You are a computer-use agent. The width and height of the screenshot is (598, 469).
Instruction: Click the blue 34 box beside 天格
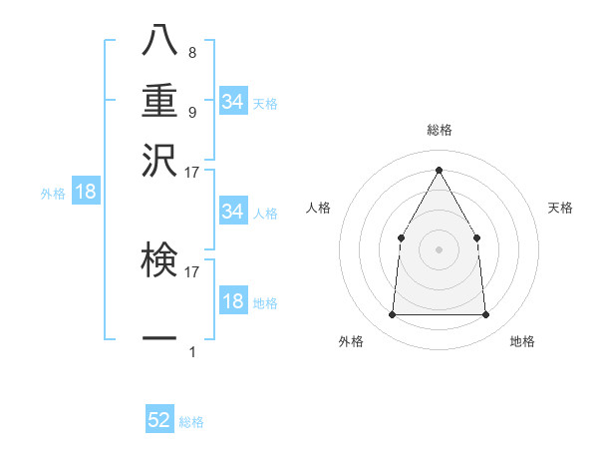point(233,102)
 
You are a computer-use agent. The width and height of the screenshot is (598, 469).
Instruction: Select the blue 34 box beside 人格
point(233,212)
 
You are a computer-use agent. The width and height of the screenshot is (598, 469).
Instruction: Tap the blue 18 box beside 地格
point(233,301)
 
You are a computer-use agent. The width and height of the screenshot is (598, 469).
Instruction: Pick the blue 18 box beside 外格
point(86,193)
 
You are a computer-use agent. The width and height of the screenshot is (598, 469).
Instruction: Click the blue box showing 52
point(159,420)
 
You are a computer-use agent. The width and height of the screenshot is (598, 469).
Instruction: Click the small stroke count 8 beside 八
point(191,53)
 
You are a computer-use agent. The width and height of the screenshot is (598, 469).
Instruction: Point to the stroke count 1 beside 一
point(191,351)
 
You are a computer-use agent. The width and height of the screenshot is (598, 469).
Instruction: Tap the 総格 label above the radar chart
point(439,131)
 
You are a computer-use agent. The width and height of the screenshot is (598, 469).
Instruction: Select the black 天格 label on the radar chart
point(561,208)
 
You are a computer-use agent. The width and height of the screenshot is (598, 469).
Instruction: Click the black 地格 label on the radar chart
point(522,341)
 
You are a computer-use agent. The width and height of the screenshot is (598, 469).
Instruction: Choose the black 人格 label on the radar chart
point(319,208)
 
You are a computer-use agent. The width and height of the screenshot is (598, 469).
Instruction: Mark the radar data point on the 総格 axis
point(439,170)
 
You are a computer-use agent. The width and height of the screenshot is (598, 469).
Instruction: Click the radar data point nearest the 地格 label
point(486,315)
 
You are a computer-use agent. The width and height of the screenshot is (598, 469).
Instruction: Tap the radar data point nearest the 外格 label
point(392,315)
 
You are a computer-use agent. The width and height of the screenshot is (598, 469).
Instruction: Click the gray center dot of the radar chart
point(439,249)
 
